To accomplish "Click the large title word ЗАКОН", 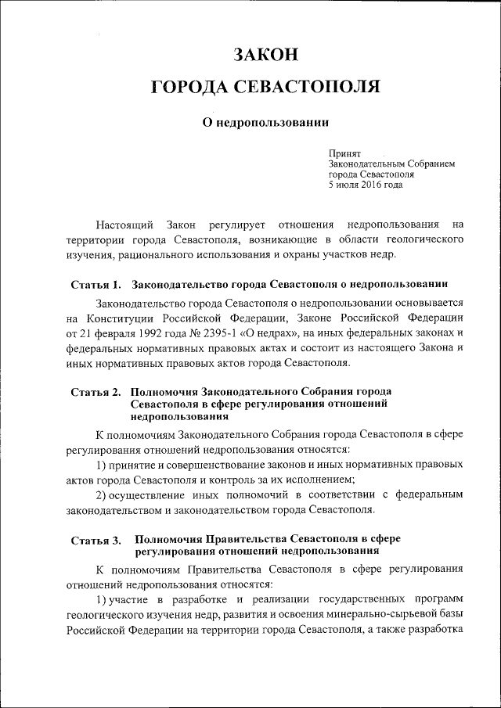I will pyautogui.click(x=265, y=55).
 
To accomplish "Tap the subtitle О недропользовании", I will pyautogui.click(x=265, y=123).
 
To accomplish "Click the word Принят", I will pyautogui.click(x=344, y=155).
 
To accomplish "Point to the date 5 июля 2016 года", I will pyautogui.click(x=366, y=185).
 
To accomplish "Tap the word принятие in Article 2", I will pyautogui.click(x=138, y=465).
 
